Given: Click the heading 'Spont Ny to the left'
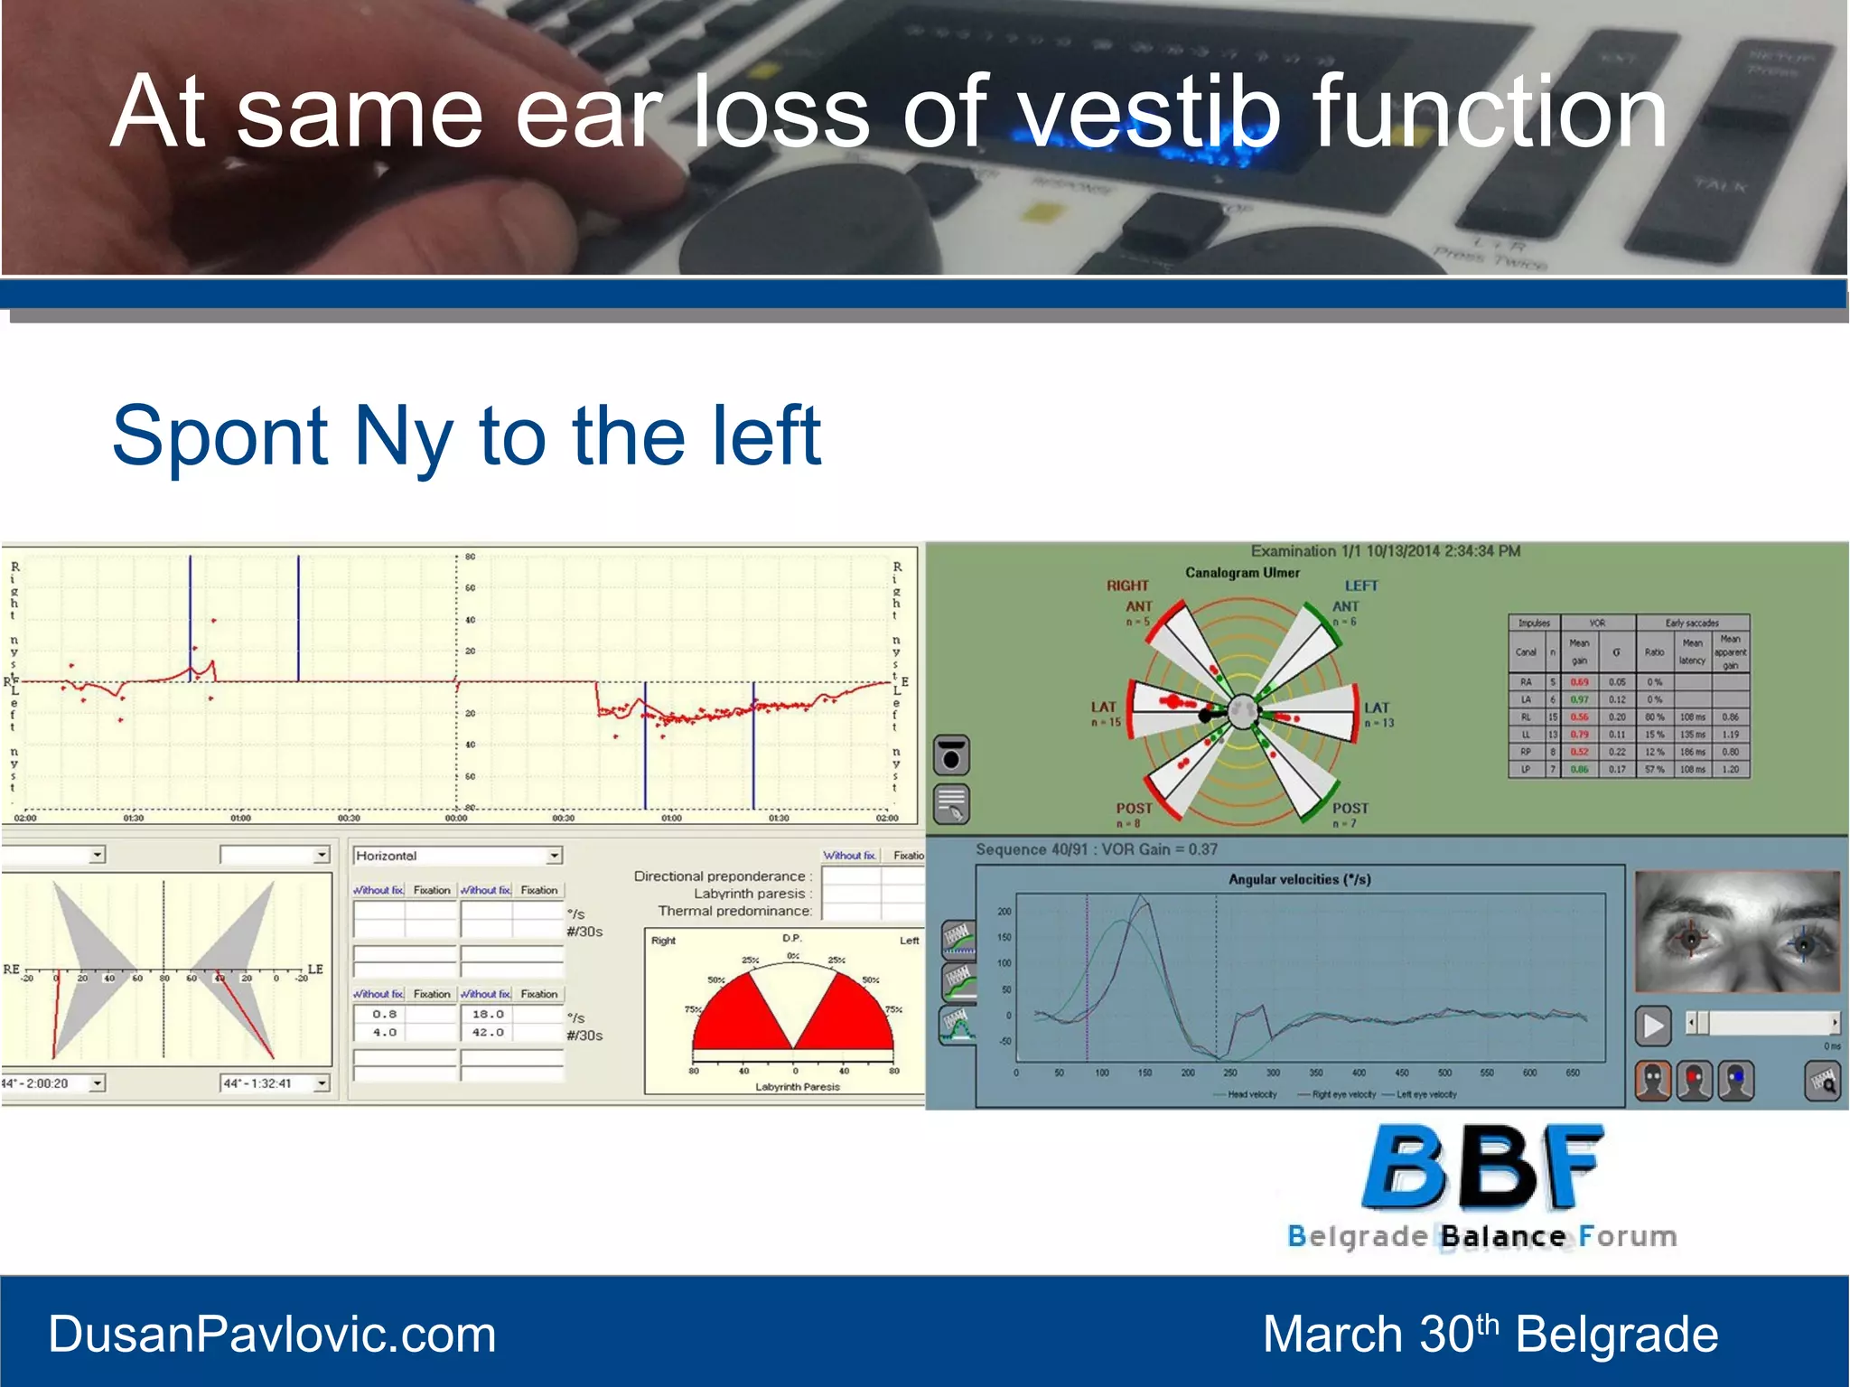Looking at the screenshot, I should point(465,436).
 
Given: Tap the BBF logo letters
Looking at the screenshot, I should point(1481,1168).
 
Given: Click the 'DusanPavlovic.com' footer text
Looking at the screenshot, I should point(272,1335).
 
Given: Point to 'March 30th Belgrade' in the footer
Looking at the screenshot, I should point(1490,1335).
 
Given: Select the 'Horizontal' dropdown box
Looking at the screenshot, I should point(457,855).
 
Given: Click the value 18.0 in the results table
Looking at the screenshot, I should point(488,1014).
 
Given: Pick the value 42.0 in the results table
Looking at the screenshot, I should point(488,1032).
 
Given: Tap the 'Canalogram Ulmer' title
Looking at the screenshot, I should point(1242,572).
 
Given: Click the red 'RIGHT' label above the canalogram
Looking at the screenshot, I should point(1127,586).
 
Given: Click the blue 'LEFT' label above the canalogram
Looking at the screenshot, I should point(1360,586).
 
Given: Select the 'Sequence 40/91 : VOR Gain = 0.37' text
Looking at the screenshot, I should point(1096,849).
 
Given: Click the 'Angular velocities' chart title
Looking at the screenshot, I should point(1298,878).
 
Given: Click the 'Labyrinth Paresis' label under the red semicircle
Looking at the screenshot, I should point(797,1087).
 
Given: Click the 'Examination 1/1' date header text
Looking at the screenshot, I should point(1385,550).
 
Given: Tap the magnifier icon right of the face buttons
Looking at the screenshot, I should point(1822,1081).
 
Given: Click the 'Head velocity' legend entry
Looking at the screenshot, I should point(1252,1094).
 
